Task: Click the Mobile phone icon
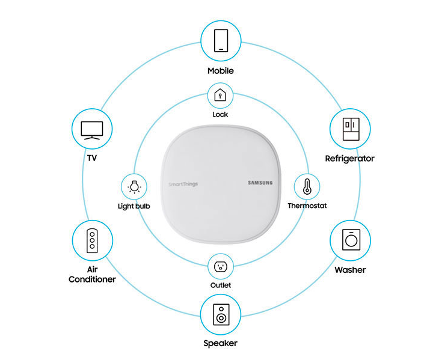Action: pos(220,41)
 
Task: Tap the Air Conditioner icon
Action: pos(92,240)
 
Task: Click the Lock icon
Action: pos(220,95)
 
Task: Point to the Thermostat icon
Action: pos(307,186)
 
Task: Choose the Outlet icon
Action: pos(220,266)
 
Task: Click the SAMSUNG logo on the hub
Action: pos(260,183)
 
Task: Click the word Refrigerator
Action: pos(349,159)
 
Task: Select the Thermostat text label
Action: pos(307,206)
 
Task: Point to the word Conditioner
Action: pos(92,279)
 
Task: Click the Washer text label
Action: pos(350,270)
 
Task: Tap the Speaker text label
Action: pos(220,344)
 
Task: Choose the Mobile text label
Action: pos(220,71)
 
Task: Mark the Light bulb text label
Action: pos(134,206)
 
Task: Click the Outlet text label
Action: pos(221,285)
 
